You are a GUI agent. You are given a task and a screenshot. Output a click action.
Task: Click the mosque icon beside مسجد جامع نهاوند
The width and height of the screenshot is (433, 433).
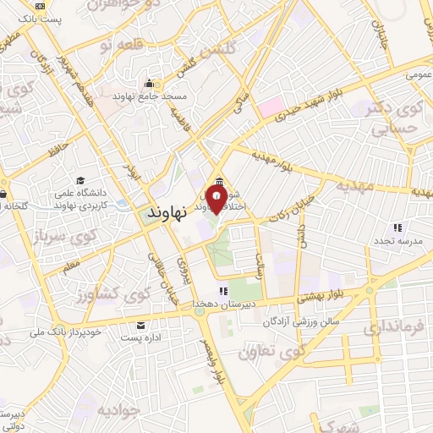click(x=150, y=83)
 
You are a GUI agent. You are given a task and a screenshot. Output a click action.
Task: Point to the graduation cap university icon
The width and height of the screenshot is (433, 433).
click(x=80, y=180)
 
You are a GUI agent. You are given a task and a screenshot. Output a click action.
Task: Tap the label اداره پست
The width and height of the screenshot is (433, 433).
click(x=140, y=337)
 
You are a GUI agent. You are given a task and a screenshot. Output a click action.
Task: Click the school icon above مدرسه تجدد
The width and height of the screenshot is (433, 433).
click(x=397, y=227)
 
